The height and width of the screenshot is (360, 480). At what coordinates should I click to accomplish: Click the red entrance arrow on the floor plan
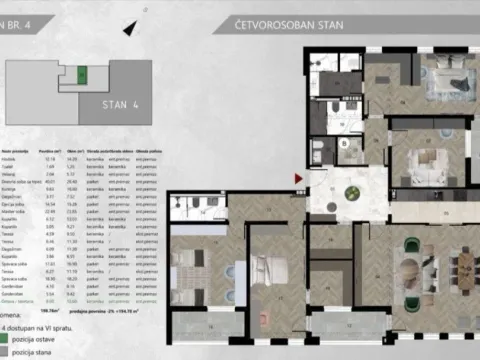click(297, 179)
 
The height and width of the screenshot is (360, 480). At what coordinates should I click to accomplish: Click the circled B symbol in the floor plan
click(342, 143)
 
